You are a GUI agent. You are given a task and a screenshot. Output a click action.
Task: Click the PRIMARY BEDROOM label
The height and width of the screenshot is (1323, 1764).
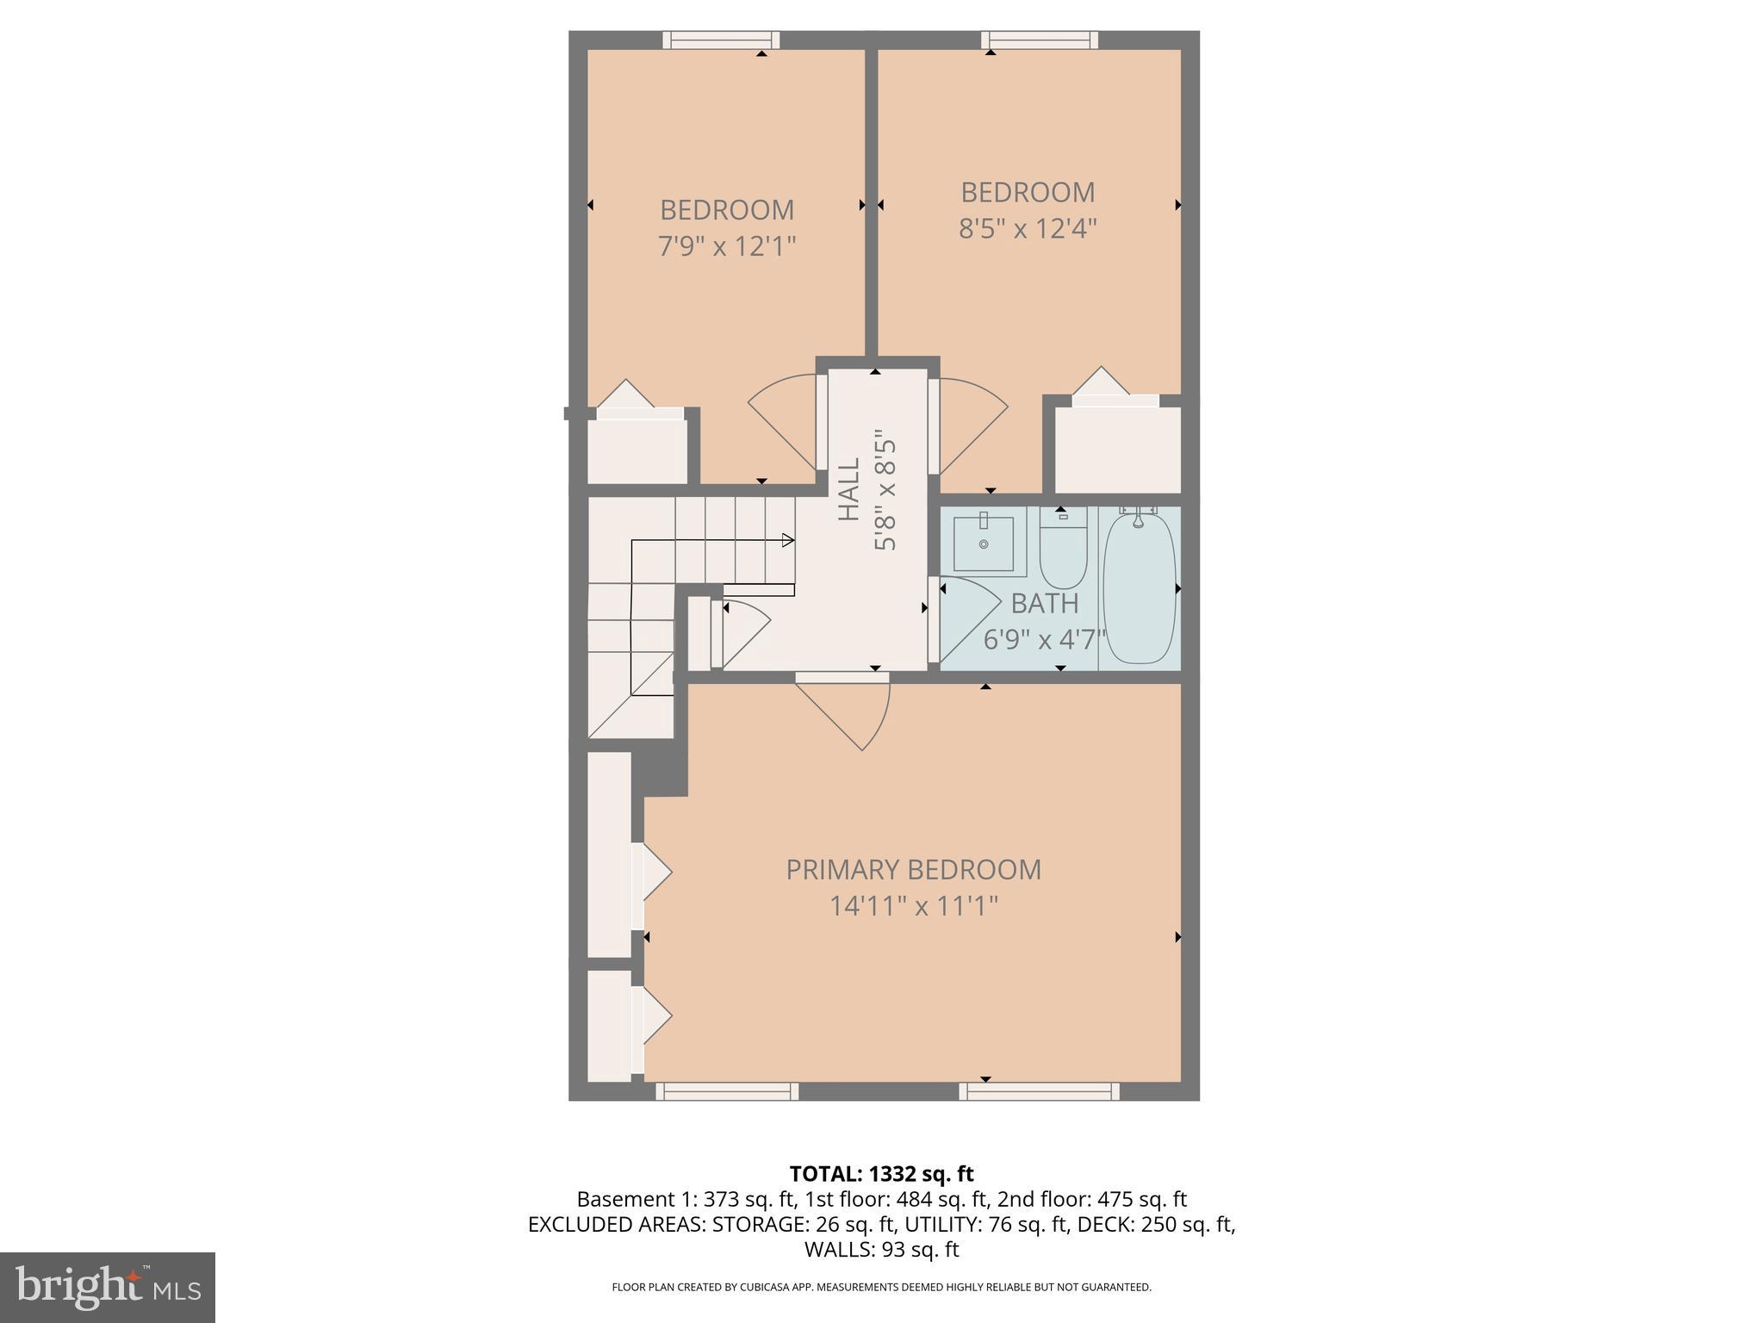(913, 870)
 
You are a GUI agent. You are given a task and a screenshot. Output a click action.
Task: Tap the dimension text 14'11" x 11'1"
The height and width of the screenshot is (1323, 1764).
(913, 907)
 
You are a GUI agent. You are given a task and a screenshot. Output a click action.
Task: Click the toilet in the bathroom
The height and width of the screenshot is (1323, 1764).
(1063, 551)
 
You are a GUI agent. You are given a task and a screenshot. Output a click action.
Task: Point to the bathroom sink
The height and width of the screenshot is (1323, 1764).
(984, 543)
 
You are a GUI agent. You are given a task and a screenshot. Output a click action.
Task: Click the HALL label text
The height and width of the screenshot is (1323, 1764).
(849, 489)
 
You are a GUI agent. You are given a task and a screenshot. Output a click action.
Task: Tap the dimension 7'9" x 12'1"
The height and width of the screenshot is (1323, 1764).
(726, 247)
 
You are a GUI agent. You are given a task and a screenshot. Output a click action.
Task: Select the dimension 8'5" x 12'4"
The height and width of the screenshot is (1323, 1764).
(1028, 229)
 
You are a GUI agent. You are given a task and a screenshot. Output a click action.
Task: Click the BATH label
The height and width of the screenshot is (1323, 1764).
(1044, 604)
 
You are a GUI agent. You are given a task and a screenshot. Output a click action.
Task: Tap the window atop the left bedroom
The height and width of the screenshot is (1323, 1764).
(721, 40)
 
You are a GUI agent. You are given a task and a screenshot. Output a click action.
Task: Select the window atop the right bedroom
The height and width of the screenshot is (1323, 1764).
(1040, 40)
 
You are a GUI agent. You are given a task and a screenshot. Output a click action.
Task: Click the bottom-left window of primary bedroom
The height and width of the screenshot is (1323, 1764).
(727, 1091)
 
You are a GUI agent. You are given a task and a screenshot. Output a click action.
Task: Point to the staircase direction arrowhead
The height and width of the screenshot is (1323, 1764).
(787, 540)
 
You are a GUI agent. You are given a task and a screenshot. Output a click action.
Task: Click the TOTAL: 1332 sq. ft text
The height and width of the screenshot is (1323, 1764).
(881, 1174)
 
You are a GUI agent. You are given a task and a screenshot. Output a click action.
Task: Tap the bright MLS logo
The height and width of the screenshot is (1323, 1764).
(107, 1287)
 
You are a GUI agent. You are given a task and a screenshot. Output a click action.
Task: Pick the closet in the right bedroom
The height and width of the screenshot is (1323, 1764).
(1117, 448)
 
